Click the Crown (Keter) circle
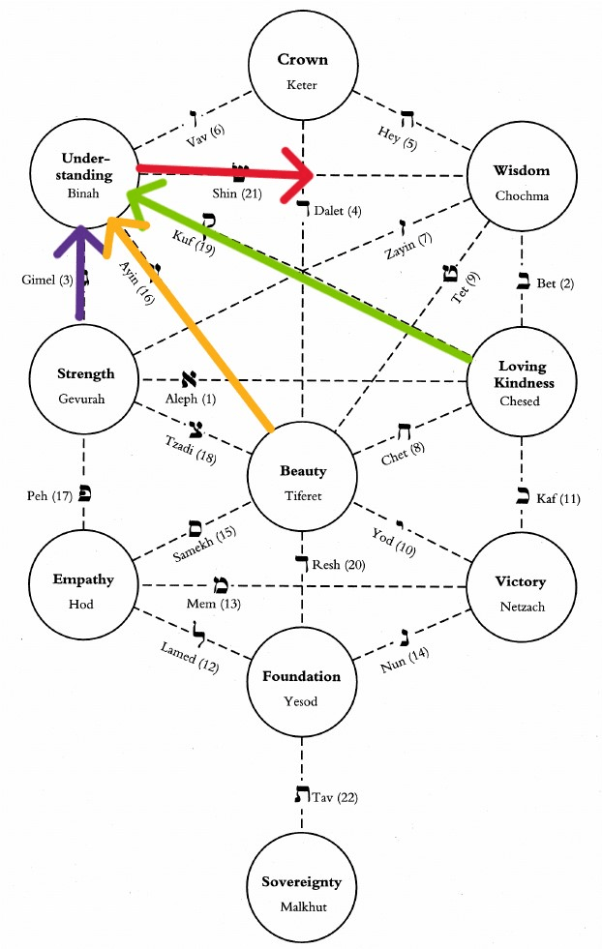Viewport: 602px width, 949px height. coord(303,71)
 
